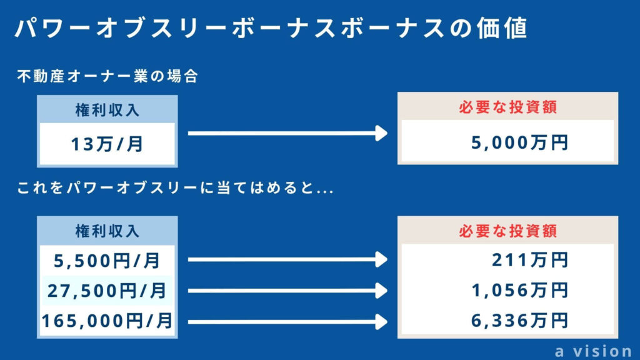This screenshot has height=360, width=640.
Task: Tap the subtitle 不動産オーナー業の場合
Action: pos(107,76)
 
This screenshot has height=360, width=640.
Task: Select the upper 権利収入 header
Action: pos(107,110)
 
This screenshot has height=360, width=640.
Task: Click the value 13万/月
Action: pos(107,144)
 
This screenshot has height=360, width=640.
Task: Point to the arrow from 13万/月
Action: pos(287,133)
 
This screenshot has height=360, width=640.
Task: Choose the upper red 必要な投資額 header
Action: pos(507,107)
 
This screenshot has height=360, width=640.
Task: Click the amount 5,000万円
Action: pos(519,142)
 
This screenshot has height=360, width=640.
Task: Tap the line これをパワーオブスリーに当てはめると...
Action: pos(176,187)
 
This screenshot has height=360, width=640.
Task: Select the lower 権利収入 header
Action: pos(107,231)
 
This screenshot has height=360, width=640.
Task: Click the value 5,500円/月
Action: pos(107,261)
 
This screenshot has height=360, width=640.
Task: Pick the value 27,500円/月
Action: pos(107,291)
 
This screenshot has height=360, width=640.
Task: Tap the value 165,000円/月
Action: pos(107,321)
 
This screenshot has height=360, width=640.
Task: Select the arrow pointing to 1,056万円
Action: pos(287,291)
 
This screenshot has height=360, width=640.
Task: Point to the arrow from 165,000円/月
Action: pos(287,322)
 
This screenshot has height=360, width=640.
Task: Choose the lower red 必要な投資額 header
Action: pos(507,231)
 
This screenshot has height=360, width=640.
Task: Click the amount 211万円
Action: pos(530,259)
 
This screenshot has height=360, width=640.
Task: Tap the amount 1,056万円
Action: pos(519,290)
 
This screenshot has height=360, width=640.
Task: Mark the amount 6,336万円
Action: pos(519,321)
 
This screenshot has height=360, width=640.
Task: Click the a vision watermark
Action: pos(594,351)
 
